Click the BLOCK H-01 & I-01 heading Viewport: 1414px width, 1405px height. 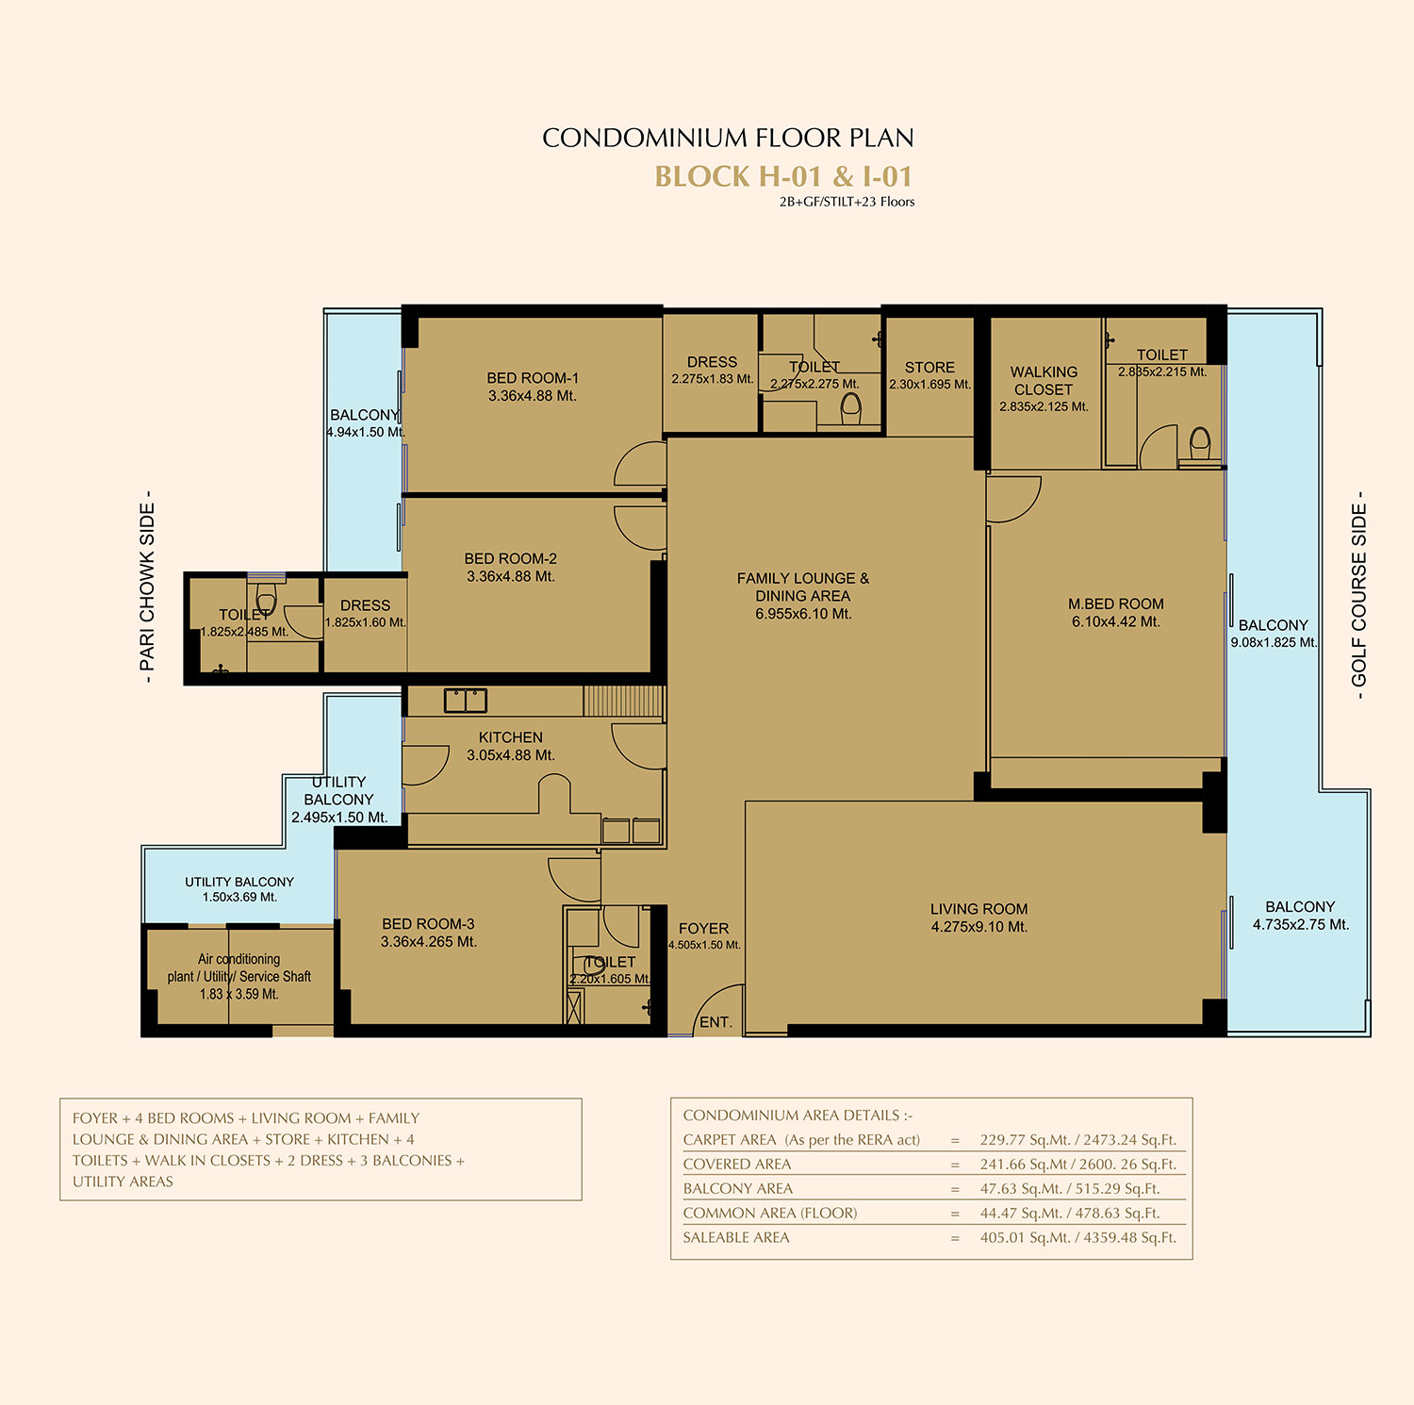(783, 176)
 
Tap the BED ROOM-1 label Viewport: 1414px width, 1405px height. (533, 378)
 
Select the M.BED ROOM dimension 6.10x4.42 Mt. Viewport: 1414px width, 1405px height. (1116, 621)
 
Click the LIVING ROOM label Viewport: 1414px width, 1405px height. (979, 909)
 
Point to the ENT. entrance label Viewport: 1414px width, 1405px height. (715, 1022)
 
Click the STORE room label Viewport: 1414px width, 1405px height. (929, 368)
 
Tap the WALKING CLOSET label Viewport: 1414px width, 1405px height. (1044, 381)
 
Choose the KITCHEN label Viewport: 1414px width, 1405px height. (511, 737)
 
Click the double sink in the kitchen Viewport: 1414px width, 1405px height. (466, 700)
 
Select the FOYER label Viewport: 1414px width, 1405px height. (704, 929)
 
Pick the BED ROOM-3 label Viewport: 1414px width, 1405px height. (428, 924)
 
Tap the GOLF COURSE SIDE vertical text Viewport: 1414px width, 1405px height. (1359, 595)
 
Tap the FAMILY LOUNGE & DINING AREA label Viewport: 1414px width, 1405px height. (803, 587)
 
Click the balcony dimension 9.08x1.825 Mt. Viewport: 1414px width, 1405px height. (1274, 643)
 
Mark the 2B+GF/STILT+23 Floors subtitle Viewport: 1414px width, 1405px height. (847, 202)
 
